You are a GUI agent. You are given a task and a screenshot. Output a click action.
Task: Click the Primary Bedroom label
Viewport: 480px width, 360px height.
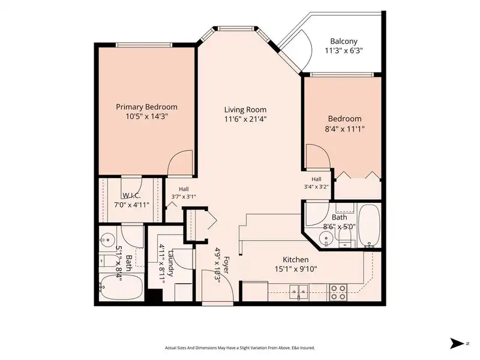point(146,107)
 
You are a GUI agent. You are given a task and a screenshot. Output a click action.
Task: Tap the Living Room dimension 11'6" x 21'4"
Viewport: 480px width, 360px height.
point(245,119)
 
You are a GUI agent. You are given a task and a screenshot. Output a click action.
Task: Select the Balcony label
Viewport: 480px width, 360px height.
point(344,41)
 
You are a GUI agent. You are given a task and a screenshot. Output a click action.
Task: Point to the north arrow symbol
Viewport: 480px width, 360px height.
point(457,343)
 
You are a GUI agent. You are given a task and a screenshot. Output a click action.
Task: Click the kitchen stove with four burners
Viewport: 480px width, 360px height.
point(338,292)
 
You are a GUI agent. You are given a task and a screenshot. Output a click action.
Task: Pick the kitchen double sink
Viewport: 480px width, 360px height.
point(299,291)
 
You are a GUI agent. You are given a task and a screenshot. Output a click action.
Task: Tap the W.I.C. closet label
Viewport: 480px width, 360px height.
point(131,196)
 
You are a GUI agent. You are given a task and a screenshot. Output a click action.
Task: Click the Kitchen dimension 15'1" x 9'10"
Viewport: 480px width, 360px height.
point(296,269)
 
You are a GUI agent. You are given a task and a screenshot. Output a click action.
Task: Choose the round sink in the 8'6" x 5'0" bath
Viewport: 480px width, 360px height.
point(326,238)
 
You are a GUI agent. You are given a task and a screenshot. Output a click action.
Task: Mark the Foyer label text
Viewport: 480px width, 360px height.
point(226,265)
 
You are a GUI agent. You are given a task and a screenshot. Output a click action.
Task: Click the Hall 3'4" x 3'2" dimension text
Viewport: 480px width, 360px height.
point(316,187)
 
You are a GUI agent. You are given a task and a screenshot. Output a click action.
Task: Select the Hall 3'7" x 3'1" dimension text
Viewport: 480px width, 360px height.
point(184,197)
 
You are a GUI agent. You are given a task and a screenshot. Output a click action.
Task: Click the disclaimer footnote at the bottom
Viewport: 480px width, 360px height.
point(240,348)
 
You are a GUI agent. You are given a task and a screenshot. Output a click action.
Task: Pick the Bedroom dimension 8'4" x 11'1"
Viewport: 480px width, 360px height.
point(344,129)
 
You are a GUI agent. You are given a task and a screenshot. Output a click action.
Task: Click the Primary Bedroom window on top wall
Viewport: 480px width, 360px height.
point(144,45)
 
